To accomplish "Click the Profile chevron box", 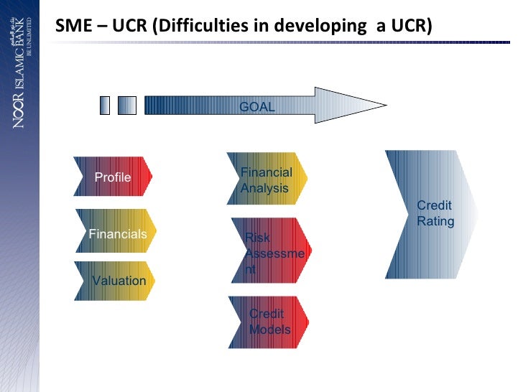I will pyautogui.click(x=113, y=177).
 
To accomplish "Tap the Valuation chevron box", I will pyautogui.click(x=117, y=281).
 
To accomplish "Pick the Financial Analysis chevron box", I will pyautogui.click(x=267, y=179).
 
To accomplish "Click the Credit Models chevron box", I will pyautogui.click(x=269, y=322).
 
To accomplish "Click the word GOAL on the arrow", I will pyautogui.click(x=256, y=106).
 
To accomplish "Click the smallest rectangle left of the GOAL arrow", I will pyautogui.click(x=105, y=106).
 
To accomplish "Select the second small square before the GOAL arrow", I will pyautogui.click(x=126, y=106).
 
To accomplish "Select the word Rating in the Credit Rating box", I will pyautogui.click(x=435, y=221).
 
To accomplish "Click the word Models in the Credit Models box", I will pyautogui.click(x=269, y=330).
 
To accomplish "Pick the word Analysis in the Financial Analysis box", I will pyautogui.click(x=264, y=188).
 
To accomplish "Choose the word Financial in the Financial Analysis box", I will pyautogui.click(x=267, y=172).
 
